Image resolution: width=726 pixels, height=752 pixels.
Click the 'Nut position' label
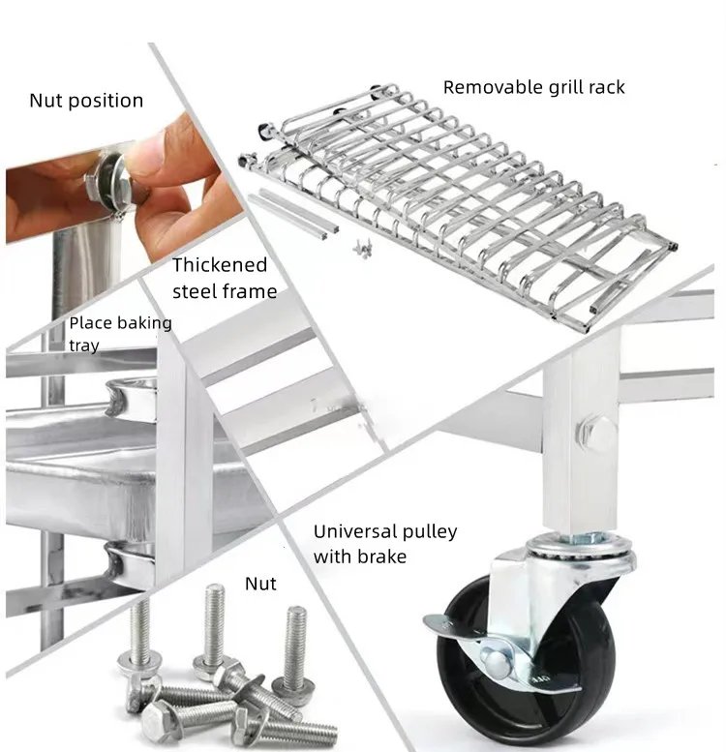(x=86, y=101)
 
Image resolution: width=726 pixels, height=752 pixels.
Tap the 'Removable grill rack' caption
(x=533, y=87)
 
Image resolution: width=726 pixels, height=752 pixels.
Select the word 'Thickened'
(x=220, y=265)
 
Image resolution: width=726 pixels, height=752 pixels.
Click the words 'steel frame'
(x=225, y=291)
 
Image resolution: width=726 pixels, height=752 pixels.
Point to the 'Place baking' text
(x=120, y=323)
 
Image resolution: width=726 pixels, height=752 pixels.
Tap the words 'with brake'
(x=360, y=556)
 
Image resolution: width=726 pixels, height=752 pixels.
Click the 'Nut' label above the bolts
(x=260, y=584)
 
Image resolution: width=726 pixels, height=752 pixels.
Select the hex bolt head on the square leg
(x=597, y=431)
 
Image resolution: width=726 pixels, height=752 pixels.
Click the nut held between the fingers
(x=109, y=180)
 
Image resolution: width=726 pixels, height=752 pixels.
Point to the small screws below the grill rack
(x=363, y=249)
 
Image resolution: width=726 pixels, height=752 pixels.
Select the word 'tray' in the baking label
(x=84, y=346)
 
